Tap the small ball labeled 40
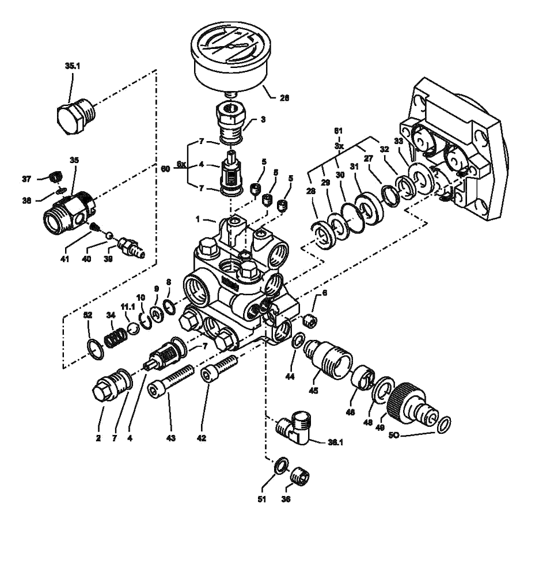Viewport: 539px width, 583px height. coord(109,235)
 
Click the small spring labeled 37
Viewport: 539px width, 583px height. coord(55,176)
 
